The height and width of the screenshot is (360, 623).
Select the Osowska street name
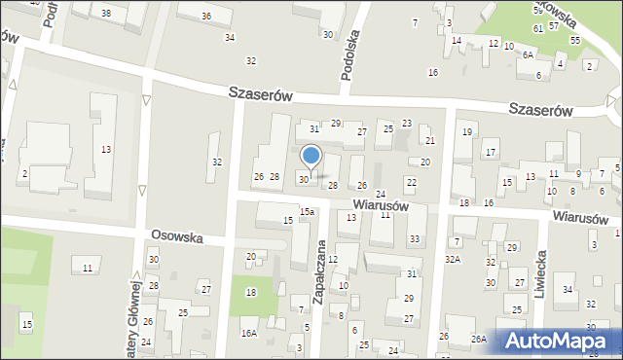[x=175, y=236]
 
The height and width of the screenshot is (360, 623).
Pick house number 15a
[x=307, y=211]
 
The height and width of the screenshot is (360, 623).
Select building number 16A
[x=249, y=333]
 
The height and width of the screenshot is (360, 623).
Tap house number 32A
[x=453, y=260]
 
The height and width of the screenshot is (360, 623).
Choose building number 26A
[x=478, y=339]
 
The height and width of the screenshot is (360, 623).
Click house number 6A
[x=528, y=55]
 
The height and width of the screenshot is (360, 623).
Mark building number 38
[x=105, y=13]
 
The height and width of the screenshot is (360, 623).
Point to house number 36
[x=206, y=17]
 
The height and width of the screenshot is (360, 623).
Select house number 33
[x=415, y=239]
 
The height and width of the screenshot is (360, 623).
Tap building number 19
[x=467, y=131]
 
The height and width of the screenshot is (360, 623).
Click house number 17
[x=491, y=153]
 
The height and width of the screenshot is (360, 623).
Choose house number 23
[x=407, y=123]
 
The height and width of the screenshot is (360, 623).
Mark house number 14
[x=457, y=41]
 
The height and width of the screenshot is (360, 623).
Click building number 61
[x=538, y=28]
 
